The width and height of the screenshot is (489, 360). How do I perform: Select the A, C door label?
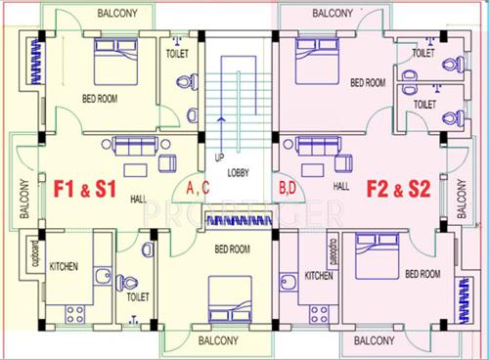(199, 187)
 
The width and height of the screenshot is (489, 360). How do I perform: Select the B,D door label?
(289, 186)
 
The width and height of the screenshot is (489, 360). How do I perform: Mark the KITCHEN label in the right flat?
(320, 277)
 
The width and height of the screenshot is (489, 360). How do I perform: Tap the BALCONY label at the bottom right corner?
(374, 341)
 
